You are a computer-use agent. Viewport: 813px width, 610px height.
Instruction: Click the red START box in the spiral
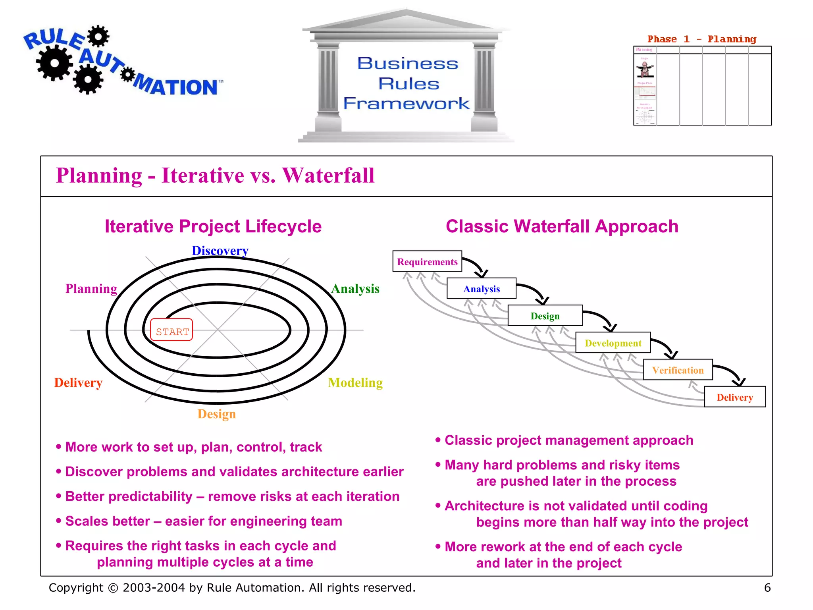click(x=171, y=330)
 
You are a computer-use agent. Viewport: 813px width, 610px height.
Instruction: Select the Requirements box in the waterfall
click(x=427, y=261)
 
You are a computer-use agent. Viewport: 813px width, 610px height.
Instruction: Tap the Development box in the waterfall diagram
click(x=613, y=343)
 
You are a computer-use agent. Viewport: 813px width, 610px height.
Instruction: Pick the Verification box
click(x=678, y=370)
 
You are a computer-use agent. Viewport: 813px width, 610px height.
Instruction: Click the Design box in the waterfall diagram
click(x=545, y=316)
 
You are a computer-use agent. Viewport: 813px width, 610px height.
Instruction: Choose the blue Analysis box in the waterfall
click(x=481, y=289)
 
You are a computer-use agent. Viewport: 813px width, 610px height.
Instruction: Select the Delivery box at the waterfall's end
click(x=734, y=397)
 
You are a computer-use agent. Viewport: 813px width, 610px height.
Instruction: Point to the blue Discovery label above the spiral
click(x=220, y=251)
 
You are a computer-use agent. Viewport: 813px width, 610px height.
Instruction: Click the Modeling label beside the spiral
click(x=355, y=382)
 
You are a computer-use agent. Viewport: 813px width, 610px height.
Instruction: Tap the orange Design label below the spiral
click(x=216, y=414)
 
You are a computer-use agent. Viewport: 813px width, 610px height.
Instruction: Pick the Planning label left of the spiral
click(x=91, y=288)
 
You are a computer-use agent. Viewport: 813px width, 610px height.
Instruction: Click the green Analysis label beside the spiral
click(x=355, y=288)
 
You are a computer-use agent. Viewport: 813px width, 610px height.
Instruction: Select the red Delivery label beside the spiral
click(x=78, y=382)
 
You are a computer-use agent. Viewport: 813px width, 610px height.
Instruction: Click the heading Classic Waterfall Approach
click(x=562, y=226)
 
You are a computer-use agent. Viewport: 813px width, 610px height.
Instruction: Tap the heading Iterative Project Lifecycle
click(x=213, y=226)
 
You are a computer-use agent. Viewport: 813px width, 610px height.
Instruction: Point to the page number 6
click(x=767, y=587)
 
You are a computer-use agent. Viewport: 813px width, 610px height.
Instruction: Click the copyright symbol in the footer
click(x=113, y=588)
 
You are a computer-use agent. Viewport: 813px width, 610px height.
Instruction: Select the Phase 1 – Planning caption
click(x=701, y=39)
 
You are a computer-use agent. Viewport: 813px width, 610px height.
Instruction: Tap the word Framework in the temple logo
click(x=406, y=103)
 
